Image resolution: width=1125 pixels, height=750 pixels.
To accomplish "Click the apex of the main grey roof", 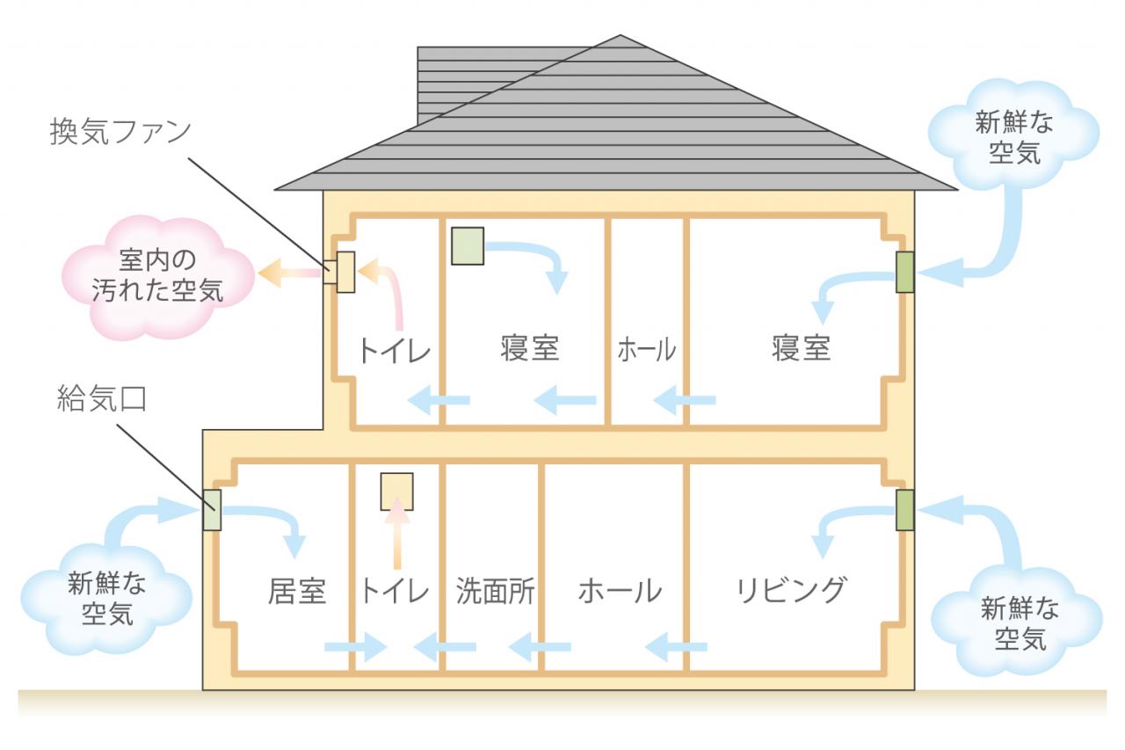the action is (620, 35).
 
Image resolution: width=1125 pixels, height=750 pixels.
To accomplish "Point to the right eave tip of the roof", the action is (957, 190).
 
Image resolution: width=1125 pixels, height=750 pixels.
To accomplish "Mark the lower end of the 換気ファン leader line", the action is (329, 271).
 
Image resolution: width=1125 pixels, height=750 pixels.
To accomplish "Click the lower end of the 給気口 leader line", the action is (215, 511).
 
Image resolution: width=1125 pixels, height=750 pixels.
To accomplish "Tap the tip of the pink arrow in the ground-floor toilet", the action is (396, 499).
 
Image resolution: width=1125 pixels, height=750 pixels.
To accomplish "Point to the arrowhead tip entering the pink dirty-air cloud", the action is (258, 273).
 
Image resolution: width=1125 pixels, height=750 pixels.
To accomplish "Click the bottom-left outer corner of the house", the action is (203, 689).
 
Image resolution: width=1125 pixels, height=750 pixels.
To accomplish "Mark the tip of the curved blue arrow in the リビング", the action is (822, 558).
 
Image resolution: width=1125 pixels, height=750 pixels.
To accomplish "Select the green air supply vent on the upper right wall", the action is (904, 273).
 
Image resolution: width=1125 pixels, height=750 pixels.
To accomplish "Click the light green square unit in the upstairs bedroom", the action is (467, 246).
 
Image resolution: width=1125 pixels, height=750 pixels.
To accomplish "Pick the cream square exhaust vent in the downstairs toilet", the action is (396, 492).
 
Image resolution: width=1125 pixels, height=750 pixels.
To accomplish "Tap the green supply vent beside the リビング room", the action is (904, 510).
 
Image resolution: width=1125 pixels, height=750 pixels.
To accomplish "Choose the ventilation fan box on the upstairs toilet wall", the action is (345, 272).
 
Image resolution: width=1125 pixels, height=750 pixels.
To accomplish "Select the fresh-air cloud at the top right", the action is (1013, 135).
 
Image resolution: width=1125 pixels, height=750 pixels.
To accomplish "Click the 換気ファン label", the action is (120, 132).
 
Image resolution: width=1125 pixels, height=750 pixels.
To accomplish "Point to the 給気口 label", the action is (101, 399).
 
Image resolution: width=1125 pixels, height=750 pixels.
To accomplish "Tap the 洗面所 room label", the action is (495, 591).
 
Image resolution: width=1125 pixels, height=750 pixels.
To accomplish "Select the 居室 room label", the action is (297, 591).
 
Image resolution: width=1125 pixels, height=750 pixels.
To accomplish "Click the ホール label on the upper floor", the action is (646, 350).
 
